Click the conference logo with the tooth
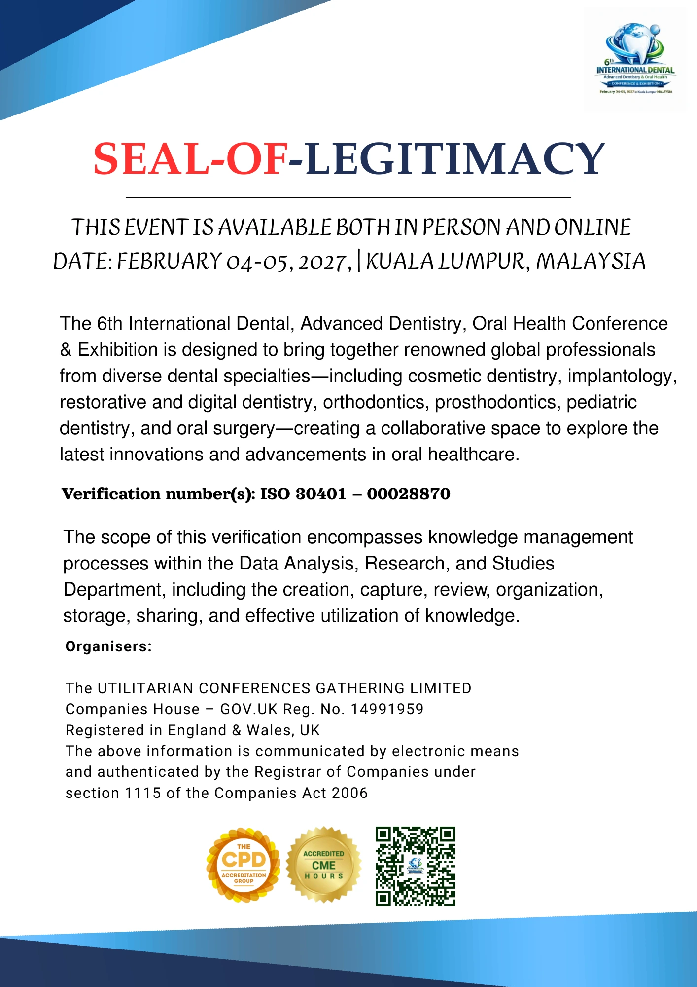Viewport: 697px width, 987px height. pyautogui.click(x=635, y=58)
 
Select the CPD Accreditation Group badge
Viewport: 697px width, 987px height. pyautogui.click(x=244, y=865)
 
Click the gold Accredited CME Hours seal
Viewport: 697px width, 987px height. pyautogui.click(x=323, y=865)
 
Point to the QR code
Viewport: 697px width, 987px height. pyautogui.click(x=415, y=866)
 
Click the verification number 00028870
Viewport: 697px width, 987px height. pyautogui.click(x=409, y=494)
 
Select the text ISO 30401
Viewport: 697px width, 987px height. pyautogui.click(x=303, y=494)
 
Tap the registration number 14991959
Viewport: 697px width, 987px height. pyautogui.click(x=387, y=709)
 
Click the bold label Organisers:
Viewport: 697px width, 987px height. pyautogui.click(x=108, y=646)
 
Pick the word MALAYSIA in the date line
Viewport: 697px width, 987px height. pyautogui.click(x=591, y=262)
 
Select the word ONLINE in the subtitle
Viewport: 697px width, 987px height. pyautogui.click(x=592, y=228)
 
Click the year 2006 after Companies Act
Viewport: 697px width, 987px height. pyautogui.click(x=349, y=793)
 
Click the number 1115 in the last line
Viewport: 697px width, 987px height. pyautogui.click(x=143, y=793)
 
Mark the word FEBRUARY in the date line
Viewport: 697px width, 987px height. pyautogui.click(x=169, y=262)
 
